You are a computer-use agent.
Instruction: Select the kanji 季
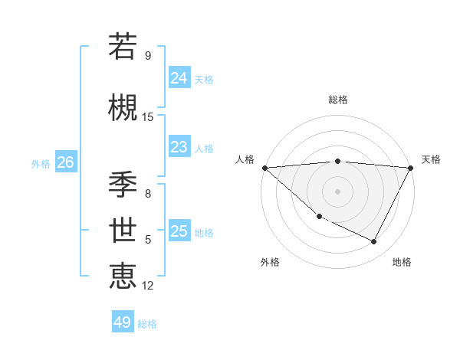click(123, 184)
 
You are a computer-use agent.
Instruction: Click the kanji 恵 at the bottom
click(123, 276)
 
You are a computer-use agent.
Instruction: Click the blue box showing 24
click(179, 77)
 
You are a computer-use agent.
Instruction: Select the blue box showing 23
click(179, 147)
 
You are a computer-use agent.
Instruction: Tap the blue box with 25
click(179, 231)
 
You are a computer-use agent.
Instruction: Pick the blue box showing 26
click(65, 162)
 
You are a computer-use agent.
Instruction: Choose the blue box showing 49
click(122, 322)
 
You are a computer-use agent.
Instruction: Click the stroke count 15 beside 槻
click(148, 117)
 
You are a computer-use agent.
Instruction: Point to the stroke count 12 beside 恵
click(148, 286)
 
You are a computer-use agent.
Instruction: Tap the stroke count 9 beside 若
click(148, 56)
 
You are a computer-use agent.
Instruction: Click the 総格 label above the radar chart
click(337, 100)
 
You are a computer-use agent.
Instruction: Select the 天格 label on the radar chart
click(431, 159)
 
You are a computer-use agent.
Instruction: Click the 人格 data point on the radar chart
click(264, 167)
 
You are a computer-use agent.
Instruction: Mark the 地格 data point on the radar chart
click(374, 241)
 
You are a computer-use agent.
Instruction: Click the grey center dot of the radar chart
click(337, 191)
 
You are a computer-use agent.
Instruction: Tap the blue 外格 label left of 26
click(40, 163)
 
